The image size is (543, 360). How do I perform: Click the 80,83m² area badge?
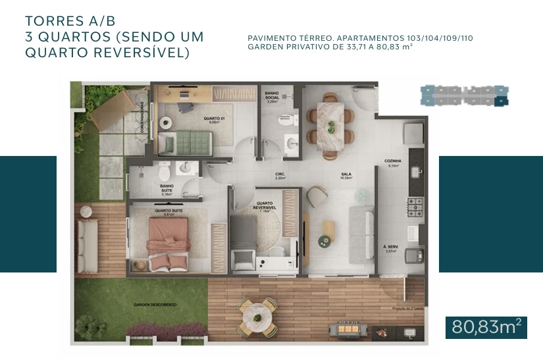pos(486,326)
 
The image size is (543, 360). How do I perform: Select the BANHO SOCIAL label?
pos(272,97)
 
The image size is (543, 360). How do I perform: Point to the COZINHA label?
pos(393,163)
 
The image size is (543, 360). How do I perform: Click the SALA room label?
pos(346,176)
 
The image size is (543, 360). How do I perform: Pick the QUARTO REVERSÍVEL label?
pos(265,205)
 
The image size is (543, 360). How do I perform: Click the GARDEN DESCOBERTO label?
pos(155,305)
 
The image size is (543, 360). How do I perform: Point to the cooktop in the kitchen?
pos(416,207)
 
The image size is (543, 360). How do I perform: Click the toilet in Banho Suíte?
pos(165,170)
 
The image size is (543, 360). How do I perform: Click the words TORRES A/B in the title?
pos(65,20)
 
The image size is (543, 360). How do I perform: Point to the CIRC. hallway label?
pos(280,176)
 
